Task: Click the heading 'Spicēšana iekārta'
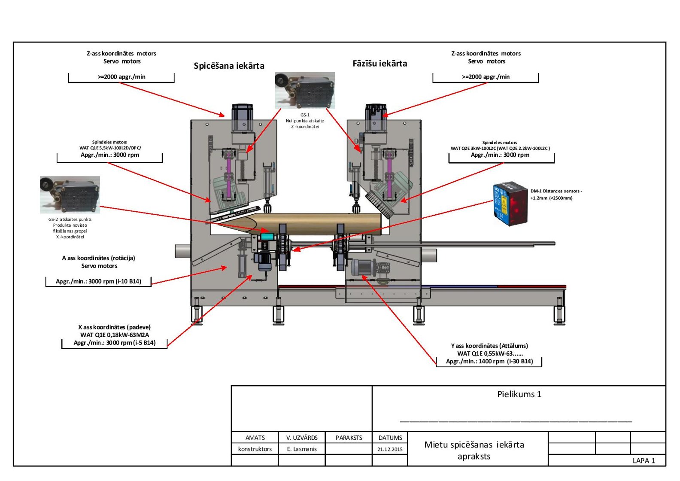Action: [x=229, y=66]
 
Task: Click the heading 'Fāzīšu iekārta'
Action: [x=380, y=64]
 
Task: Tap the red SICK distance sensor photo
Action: [x=510, y=204]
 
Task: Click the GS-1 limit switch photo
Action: [x=305, y=91]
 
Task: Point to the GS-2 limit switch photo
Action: [x=70, y=195]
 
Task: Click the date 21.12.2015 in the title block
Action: [x=390, y=449]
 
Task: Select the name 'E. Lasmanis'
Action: [x=302, y=449]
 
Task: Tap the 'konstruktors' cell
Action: [x=255, y=449]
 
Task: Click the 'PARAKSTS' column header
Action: [x=349, y=438]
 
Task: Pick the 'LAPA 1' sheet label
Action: [x=644, y=461]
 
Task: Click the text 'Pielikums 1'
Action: [x=519, y=394]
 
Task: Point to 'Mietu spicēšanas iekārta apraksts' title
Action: [x=474, y=451]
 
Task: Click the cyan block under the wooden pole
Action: [x=267, y=237]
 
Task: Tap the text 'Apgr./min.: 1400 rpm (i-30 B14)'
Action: [x=489, y=361]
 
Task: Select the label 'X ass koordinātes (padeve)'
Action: [x=114, y=327]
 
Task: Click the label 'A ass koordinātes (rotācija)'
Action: [x=98, y=258]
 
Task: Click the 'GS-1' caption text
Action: [x=305, y=115]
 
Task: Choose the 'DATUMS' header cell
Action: [x=390, y=438]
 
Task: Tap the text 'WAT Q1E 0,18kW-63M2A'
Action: [x=115, y=335]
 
